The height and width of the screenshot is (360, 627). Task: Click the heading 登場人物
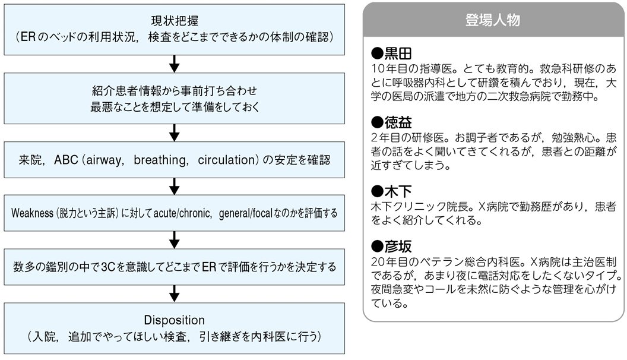point(493,20)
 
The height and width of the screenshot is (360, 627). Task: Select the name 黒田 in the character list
point(398,53)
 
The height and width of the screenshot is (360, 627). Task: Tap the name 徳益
point(398,122)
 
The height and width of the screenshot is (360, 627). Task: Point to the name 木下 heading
point(398,191)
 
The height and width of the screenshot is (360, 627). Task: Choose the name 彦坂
point(398,247)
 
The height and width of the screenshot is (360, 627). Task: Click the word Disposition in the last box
point(175,320)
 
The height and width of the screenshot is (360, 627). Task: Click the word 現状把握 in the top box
point(175,21)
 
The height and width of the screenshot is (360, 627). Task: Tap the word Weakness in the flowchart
point(32,213)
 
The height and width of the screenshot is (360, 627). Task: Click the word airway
point(105,160)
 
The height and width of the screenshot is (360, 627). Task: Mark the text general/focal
point(246,213)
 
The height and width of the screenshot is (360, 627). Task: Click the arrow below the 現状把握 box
point(175,64)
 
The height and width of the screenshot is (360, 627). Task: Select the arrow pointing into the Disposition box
point(175,293)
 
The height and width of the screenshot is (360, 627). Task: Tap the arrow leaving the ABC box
point(175,187)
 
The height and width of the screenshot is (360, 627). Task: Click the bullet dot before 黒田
point(377,53)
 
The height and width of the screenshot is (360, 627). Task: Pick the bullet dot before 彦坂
point(377,247)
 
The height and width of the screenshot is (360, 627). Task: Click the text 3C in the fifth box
point(109,267)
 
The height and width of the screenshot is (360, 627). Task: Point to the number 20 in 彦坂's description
point(378,262)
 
